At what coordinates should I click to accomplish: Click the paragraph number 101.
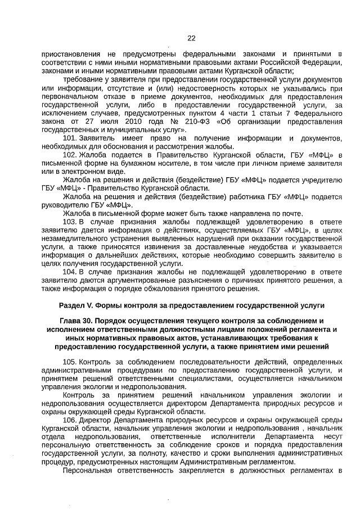[69, 138]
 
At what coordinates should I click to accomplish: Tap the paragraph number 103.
[69, 222]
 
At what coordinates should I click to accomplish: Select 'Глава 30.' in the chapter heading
[76, 321]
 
